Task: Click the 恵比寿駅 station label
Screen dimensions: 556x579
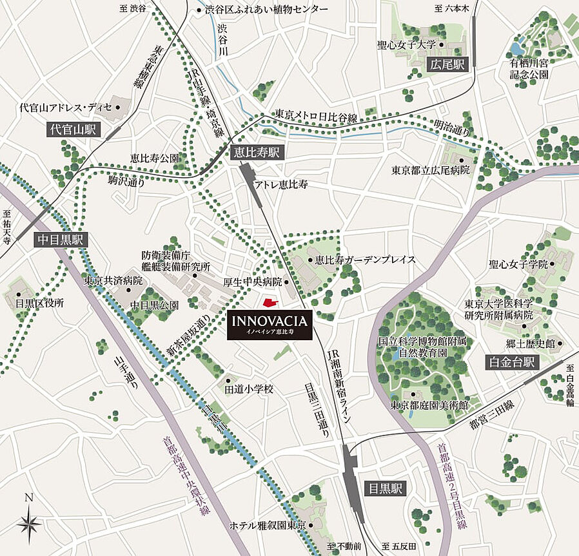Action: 256,153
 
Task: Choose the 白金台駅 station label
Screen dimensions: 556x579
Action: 511,363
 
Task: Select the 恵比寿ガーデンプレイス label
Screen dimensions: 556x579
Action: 361,260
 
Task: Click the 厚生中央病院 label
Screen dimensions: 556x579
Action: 253,282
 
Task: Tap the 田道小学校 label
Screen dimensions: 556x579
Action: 249,389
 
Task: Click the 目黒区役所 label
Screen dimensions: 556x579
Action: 40,303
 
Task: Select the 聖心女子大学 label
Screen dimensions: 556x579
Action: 407,45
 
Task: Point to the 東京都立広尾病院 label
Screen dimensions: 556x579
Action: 431,170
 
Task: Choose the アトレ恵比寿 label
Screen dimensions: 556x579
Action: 280,184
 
